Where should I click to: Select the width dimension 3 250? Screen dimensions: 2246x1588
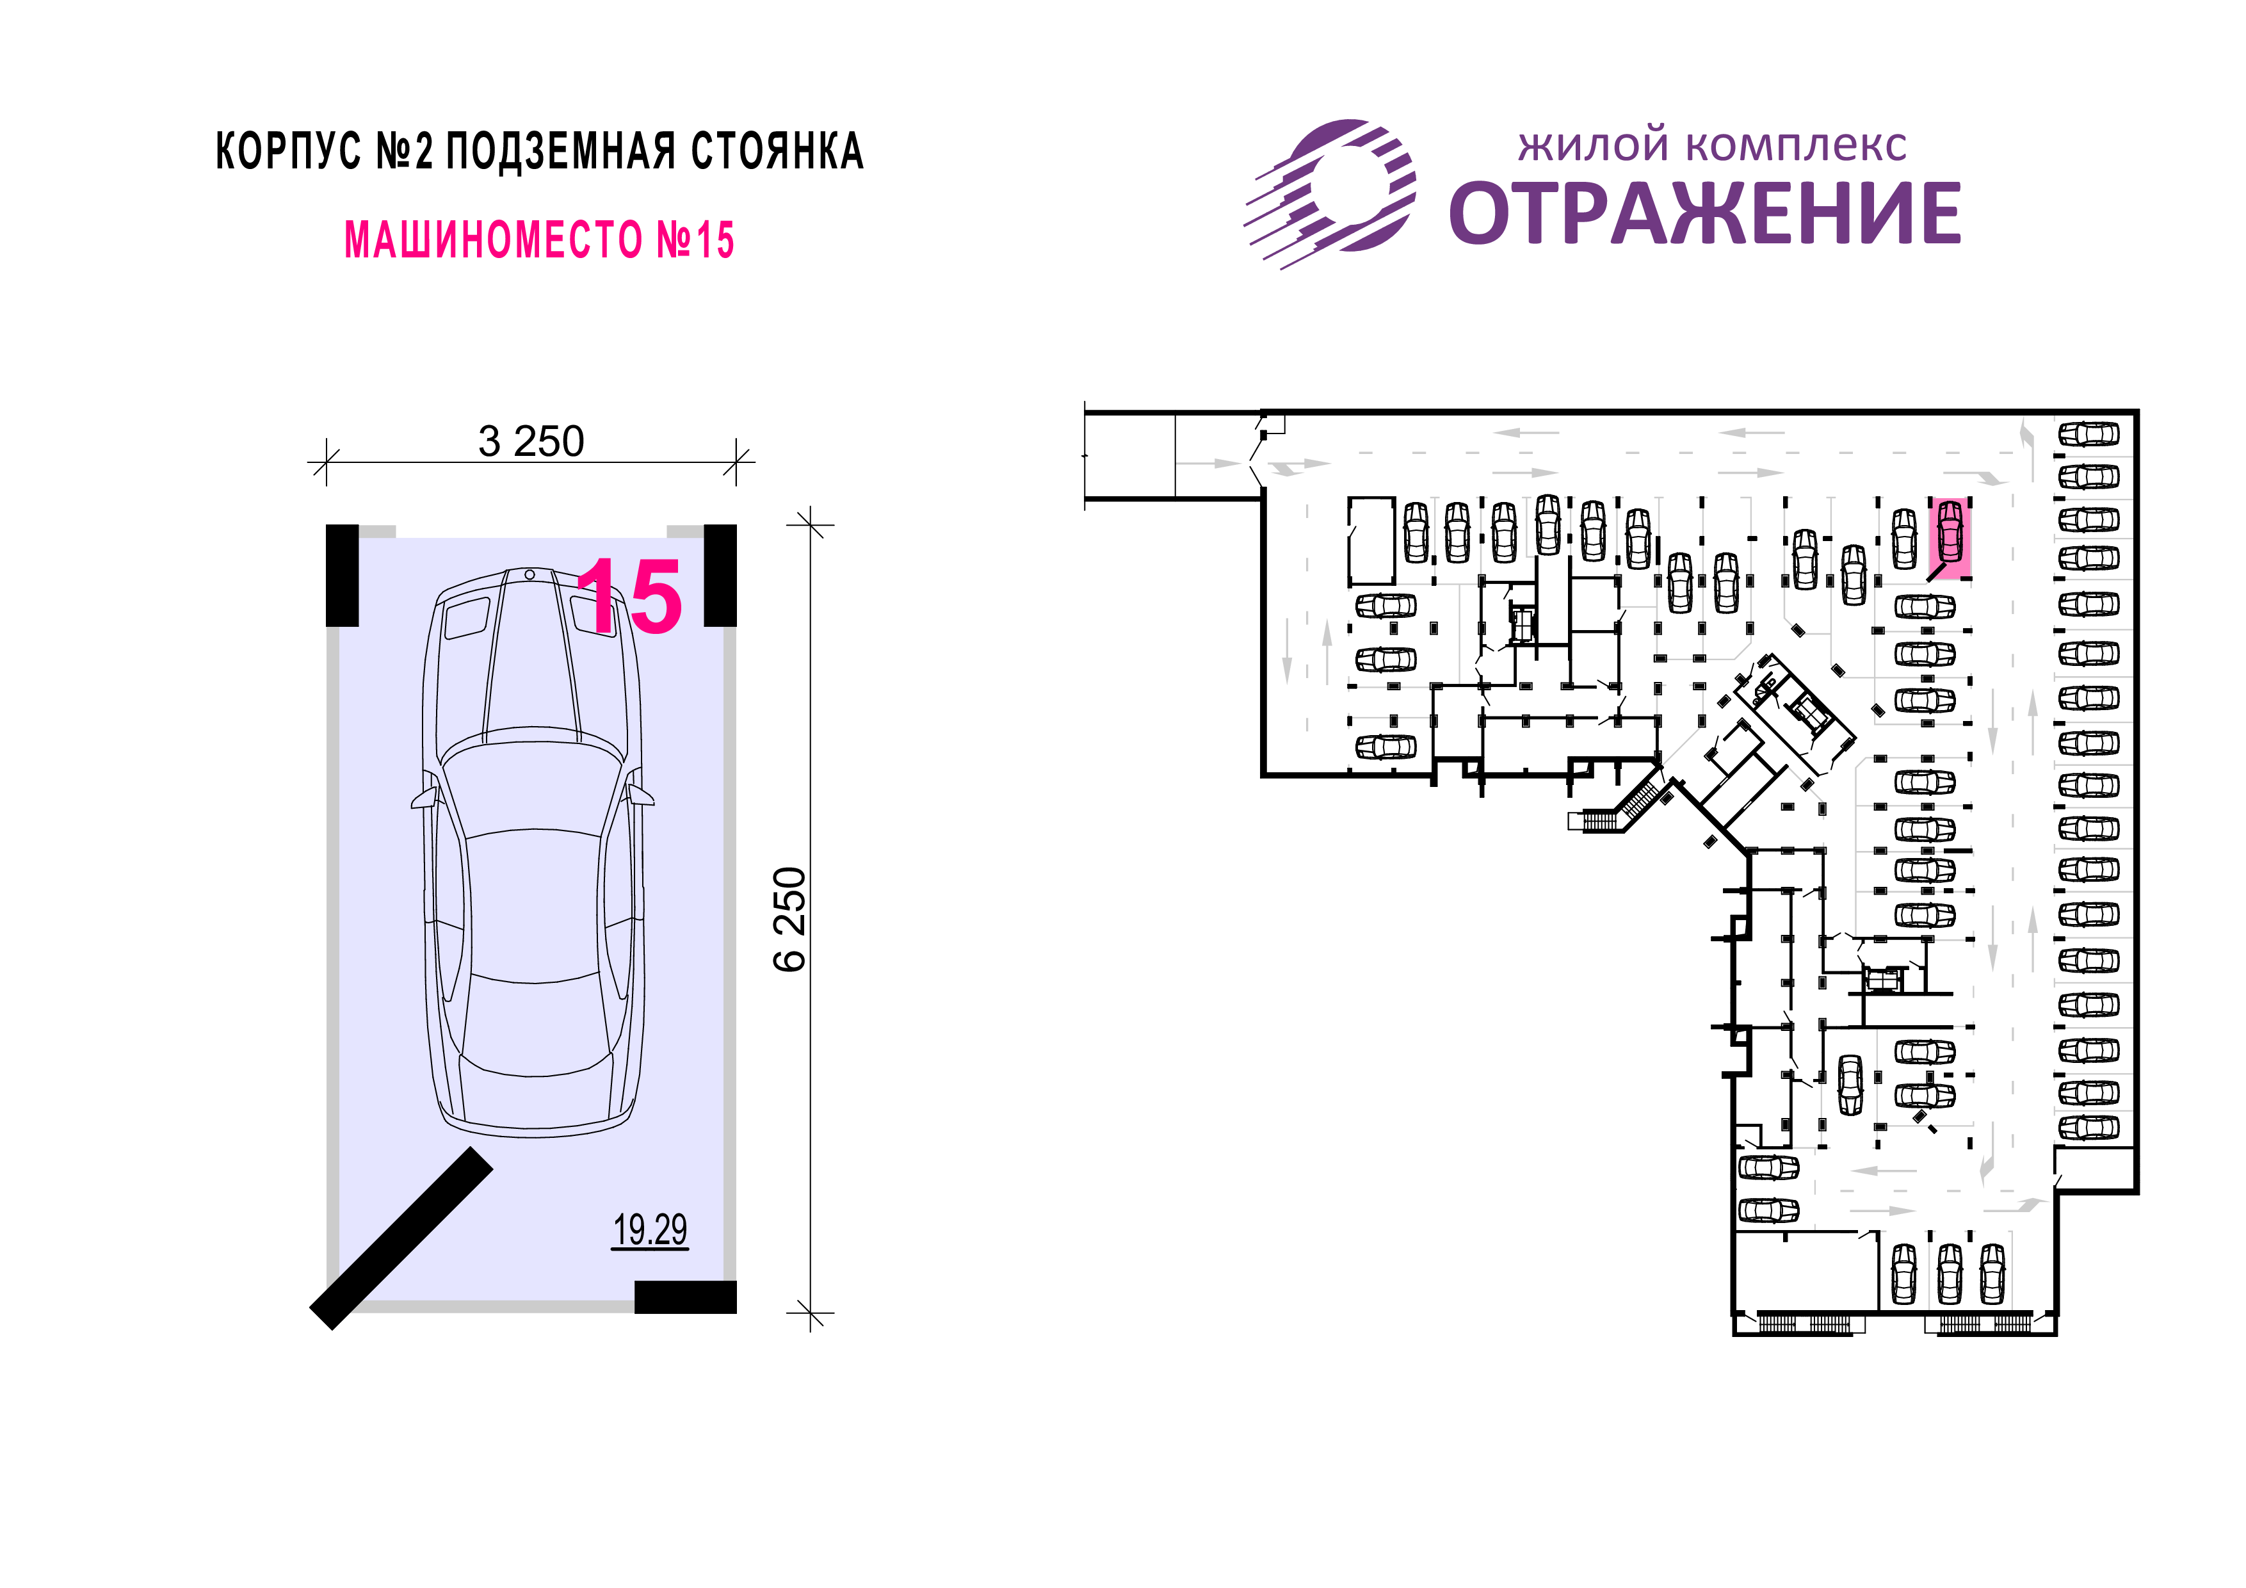[x=531, y=441]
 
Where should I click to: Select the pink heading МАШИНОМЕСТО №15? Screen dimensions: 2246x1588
[x=539, y=239]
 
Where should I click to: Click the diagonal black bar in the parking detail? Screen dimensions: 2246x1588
[x=401, y=1238]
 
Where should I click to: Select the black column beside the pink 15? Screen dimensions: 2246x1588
[x=720, y=575]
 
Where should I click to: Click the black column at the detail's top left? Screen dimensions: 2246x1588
[x=343, y=575]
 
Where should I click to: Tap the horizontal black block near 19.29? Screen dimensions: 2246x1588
[x=686, y=1297]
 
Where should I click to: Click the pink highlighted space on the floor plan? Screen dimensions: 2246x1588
[x=1950, y=538]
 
